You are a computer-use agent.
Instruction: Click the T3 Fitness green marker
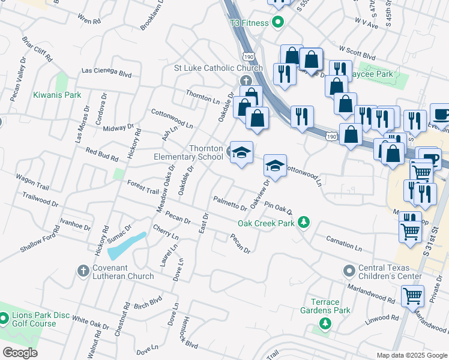(x=277, y=23)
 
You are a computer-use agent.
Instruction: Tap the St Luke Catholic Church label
(x=218, y=68)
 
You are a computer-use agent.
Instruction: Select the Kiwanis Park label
(x=57, y=95)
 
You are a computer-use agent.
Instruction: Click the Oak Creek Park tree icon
(x=304, y=223)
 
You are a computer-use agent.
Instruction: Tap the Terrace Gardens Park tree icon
(x=325, y=324)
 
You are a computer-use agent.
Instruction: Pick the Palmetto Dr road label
(x=230, y=203)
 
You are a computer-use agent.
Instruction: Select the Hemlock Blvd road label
(x=191, y=332)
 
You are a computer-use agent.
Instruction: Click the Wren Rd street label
(x=89, y=20)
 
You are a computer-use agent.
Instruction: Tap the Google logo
(x=20, y=353)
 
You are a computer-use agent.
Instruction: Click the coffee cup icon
(x=441, y=113)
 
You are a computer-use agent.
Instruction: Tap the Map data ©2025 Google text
(x=411, y=355)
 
